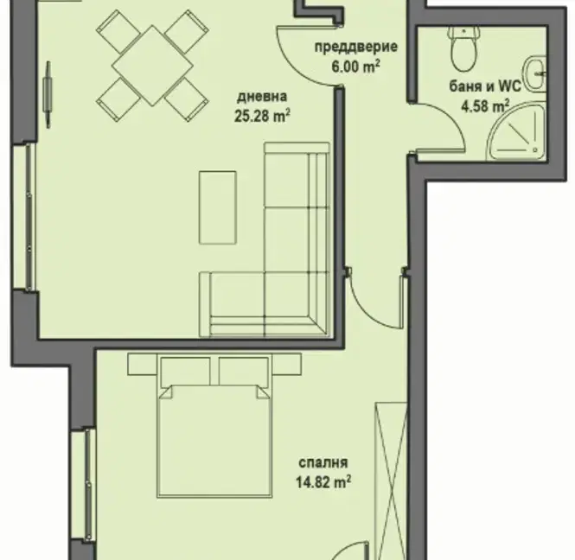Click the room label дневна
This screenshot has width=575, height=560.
point(262,97)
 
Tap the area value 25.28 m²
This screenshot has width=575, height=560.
point(262,116)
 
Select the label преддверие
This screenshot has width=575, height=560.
point(356,48)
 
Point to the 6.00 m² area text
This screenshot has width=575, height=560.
point(355,67)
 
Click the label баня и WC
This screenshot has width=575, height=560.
point(485,87)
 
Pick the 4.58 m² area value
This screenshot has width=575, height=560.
point(485,106)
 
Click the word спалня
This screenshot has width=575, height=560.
point(323,463)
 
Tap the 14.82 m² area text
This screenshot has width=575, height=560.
point(323,482)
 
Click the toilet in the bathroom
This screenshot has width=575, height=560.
point(463,49)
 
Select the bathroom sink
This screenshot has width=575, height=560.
point(536,73)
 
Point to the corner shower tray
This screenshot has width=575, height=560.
point(518,133)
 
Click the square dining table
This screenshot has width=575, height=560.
point(152,66)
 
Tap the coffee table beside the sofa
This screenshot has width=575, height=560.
point(217,207)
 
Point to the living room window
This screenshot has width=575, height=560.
point(25,217)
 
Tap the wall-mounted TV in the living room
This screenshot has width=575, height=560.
point(48,94)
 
